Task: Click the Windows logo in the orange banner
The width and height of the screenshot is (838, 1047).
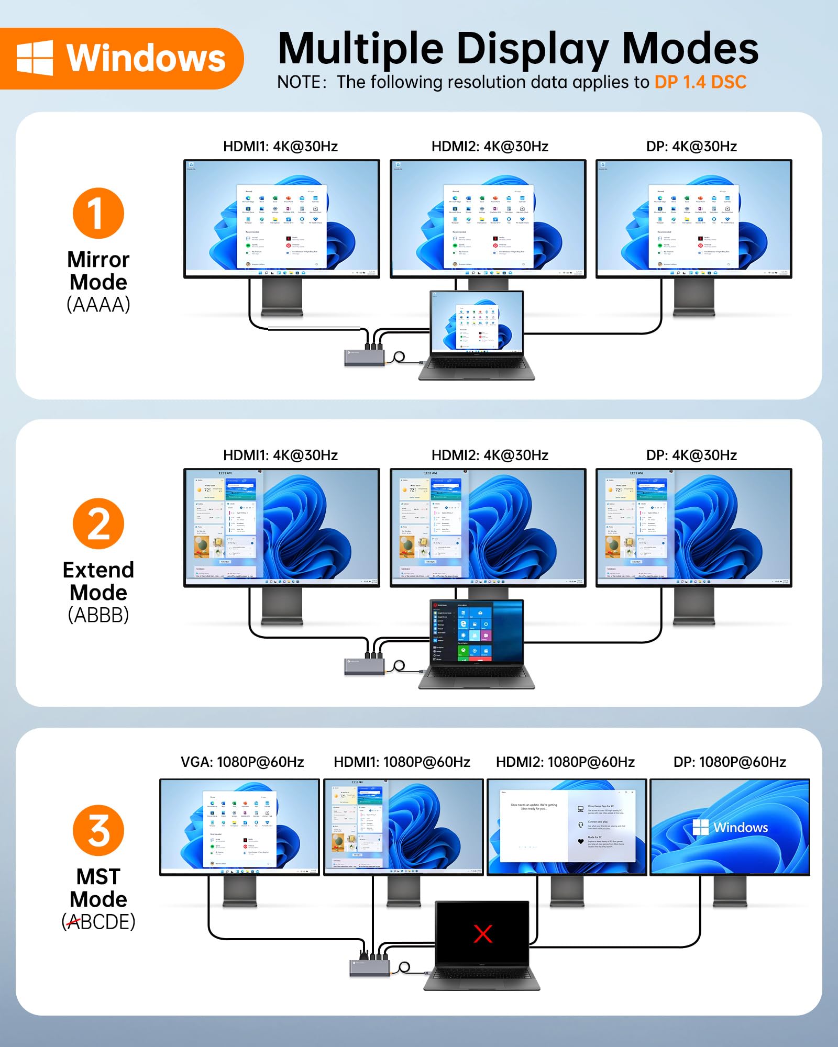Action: coord(35,58)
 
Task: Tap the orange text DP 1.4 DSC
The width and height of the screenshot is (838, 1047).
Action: coord(700,82)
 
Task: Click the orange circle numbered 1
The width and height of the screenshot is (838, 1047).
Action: coord(98,213)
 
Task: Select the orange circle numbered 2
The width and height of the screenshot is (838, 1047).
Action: coord(98,523)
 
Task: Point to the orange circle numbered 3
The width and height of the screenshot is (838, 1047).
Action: coord(98,830)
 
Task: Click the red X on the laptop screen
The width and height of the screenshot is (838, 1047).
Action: coord(482,933)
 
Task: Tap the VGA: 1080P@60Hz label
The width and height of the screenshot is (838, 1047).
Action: coord(242,762)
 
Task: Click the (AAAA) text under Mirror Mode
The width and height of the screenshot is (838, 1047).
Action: coord(98,305)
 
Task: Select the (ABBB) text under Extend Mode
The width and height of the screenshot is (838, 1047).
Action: coord(98,615)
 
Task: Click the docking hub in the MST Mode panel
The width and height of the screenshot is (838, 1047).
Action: coord(370,967)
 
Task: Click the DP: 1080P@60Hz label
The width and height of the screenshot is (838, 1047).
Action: coord(730,762)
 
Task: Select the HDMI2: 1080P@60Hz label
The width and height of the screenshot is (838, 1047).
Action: coord(565,762)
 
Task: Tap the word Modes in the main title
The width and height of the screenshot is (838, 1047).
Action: coord(690,48)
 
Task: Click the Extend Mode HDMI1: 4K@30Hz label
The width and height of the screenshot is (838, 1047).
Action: coord(280,455)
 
